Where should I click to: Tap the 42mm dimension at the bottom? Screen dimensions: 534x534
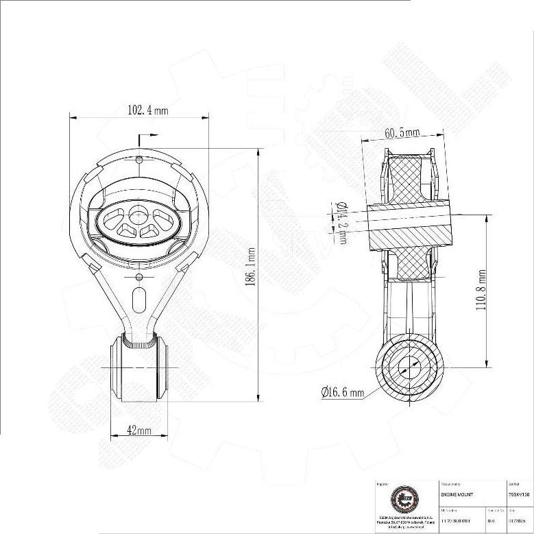(x=139, y=430)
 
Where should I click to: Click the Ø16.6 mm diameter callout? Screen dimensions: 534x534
(x=343, y=393)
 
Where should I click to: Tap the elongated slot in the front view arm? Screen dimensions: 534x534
(x=139, y=300)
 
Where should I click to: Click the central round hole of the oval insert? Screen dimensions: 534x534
(x=138, y=212)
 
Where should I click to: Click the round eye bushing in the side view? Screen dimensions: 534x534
(x=408, y=366)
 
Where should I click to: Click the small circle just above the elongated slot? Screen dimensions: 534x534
(x=139, y=277)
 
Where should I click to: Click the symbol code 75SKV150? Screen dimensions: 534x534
(x=519, y=494)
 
